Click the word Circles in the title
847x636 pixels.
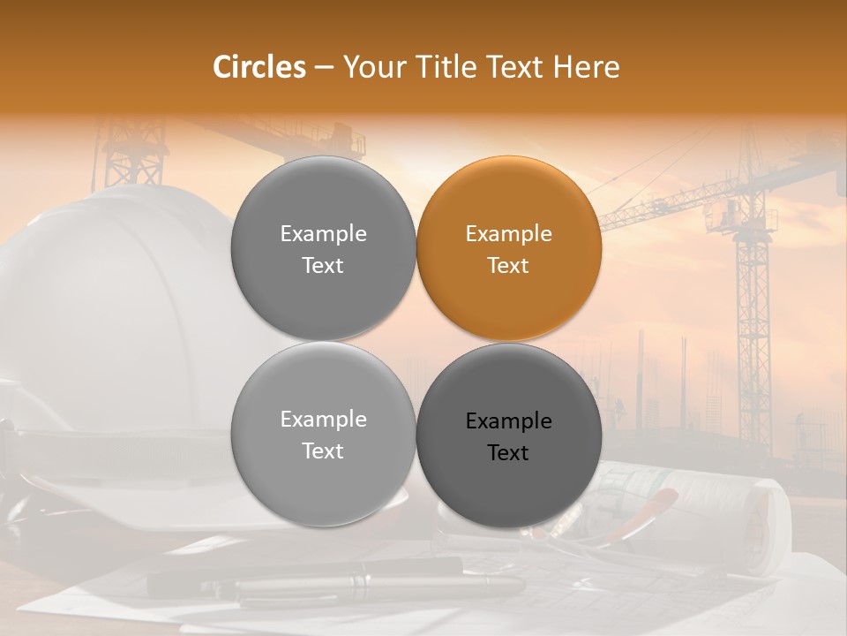[259, 67]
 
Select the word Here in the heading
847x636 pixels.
[587, 67]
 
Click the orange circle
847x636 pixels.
[509, 248]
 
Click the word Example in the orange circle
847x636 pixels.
[509, 234]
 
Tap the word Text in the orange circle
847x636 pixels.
[509, 266]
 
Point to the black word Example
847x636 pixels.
[509, 421]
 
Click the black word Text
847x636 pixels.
[509, 453]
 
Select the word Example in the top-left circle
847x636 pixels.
[323, 234]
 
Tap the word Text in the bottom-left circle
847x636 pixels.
[323, 451]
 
